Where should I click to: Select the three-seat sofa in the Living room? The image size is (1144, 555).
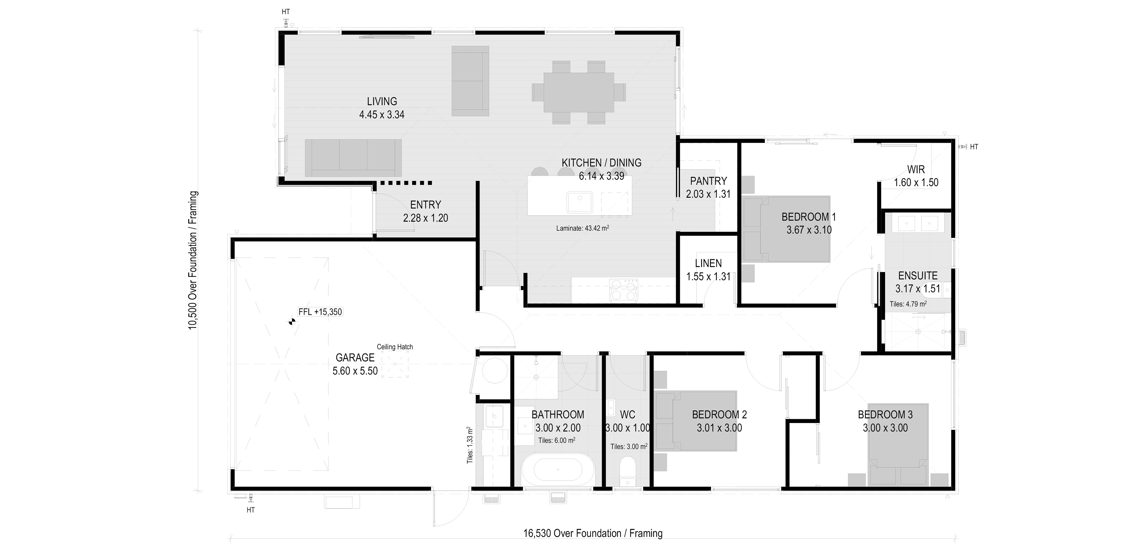tap(353, 158)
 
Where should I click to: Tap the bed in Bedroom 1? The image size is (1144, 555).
tap(786, 229)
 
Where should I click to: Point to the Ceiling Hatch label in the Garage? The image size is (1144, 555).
tap(395, 347)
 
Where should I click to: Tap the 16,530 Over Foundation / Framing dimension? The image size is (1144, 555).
tap(593, 533)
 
